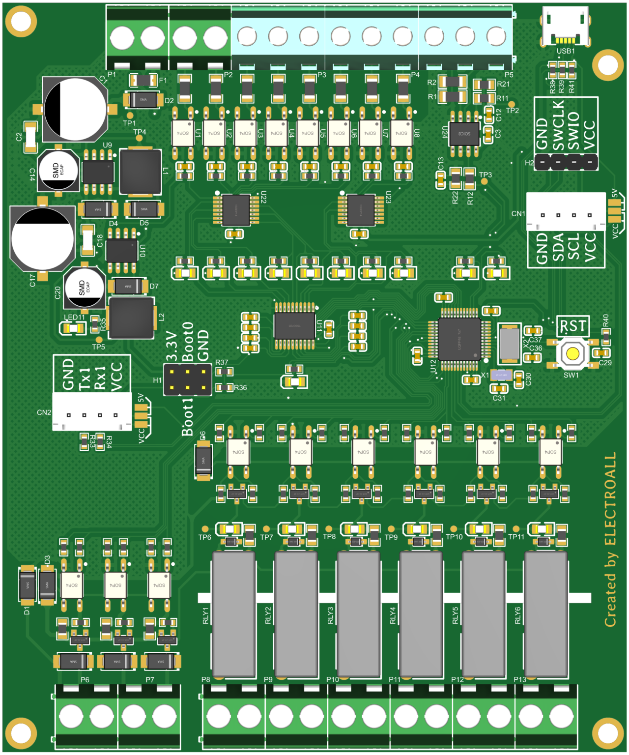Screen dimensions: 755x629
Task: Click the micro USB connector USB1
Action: click(565, 27)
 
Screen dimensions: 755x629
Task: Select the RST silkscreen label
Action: click(572, 326)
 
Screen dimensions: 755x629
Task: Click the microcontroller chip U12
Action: click(459, 338)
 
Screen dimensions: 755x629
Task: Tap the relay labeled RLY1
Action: click(233, 614)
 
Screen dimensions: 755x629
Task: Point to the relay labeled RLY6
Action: click(546, 614)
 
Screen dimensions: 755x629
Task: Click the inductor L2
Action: click(131, 318)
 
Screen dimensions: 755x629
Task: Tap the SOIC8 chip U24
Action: click(464, 133)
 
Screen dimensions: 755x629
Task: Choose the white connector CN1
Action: click(566, 212)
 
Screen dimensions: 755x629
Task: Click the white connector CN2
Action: click(92, 411)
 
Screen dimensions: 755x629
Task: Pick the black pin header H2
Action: click(566, 162)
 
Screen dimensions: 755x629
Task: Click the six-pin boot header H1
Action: click(187, 379)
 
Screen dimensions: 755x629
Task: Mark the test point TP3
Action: click(485, 181)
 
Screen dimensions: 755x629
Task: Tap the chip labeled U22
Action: click(236, 210)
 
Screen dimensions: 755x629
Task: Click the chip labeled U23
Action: click(361, 210)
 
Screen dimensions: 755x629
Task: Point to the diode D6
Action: click(203, 461)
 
